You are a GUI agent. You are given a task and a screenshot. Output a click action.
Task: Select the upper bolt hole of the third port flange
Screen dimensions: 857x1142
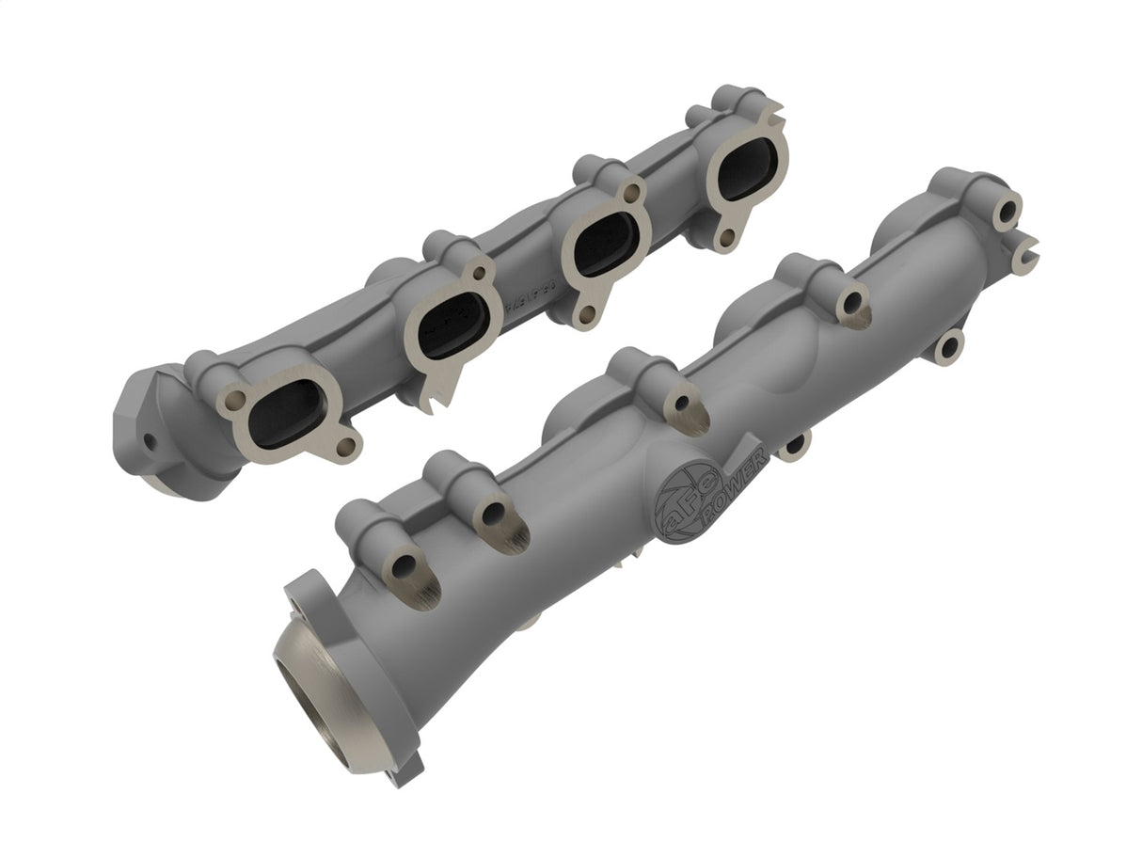632,193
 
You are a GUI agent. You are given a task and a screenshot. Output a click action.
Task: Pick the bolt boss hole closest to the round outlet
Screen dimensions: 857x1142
404,566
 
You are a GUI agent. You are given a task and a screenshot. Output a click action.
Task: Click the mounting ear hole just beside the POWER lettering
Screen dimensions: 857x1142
795,442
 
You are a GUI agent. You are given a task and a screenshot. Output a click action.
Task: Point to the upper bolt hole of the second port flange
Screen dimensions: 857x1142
482,273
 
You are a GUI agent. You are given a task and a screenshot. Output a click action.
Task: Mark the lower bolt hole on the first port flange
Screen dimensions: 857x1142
345,445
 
